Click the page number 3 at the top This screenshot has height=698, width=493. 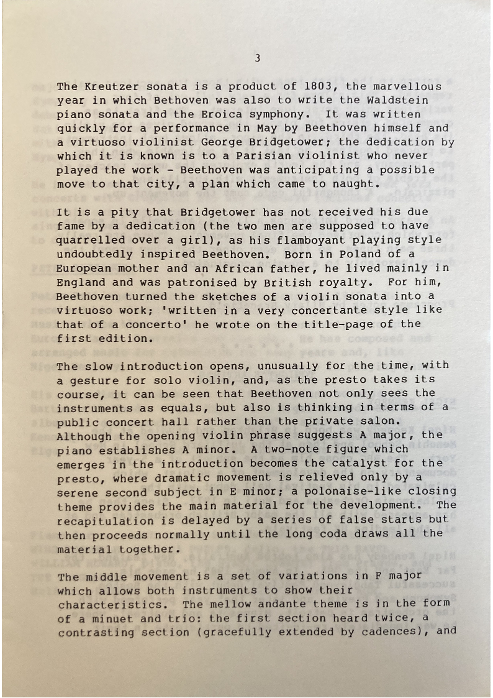click(x=257, y=58)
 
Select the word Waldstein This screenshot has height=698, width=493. click(x=397, y=100)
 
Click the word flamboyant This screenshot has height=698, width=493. click(x=311, y=240)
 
